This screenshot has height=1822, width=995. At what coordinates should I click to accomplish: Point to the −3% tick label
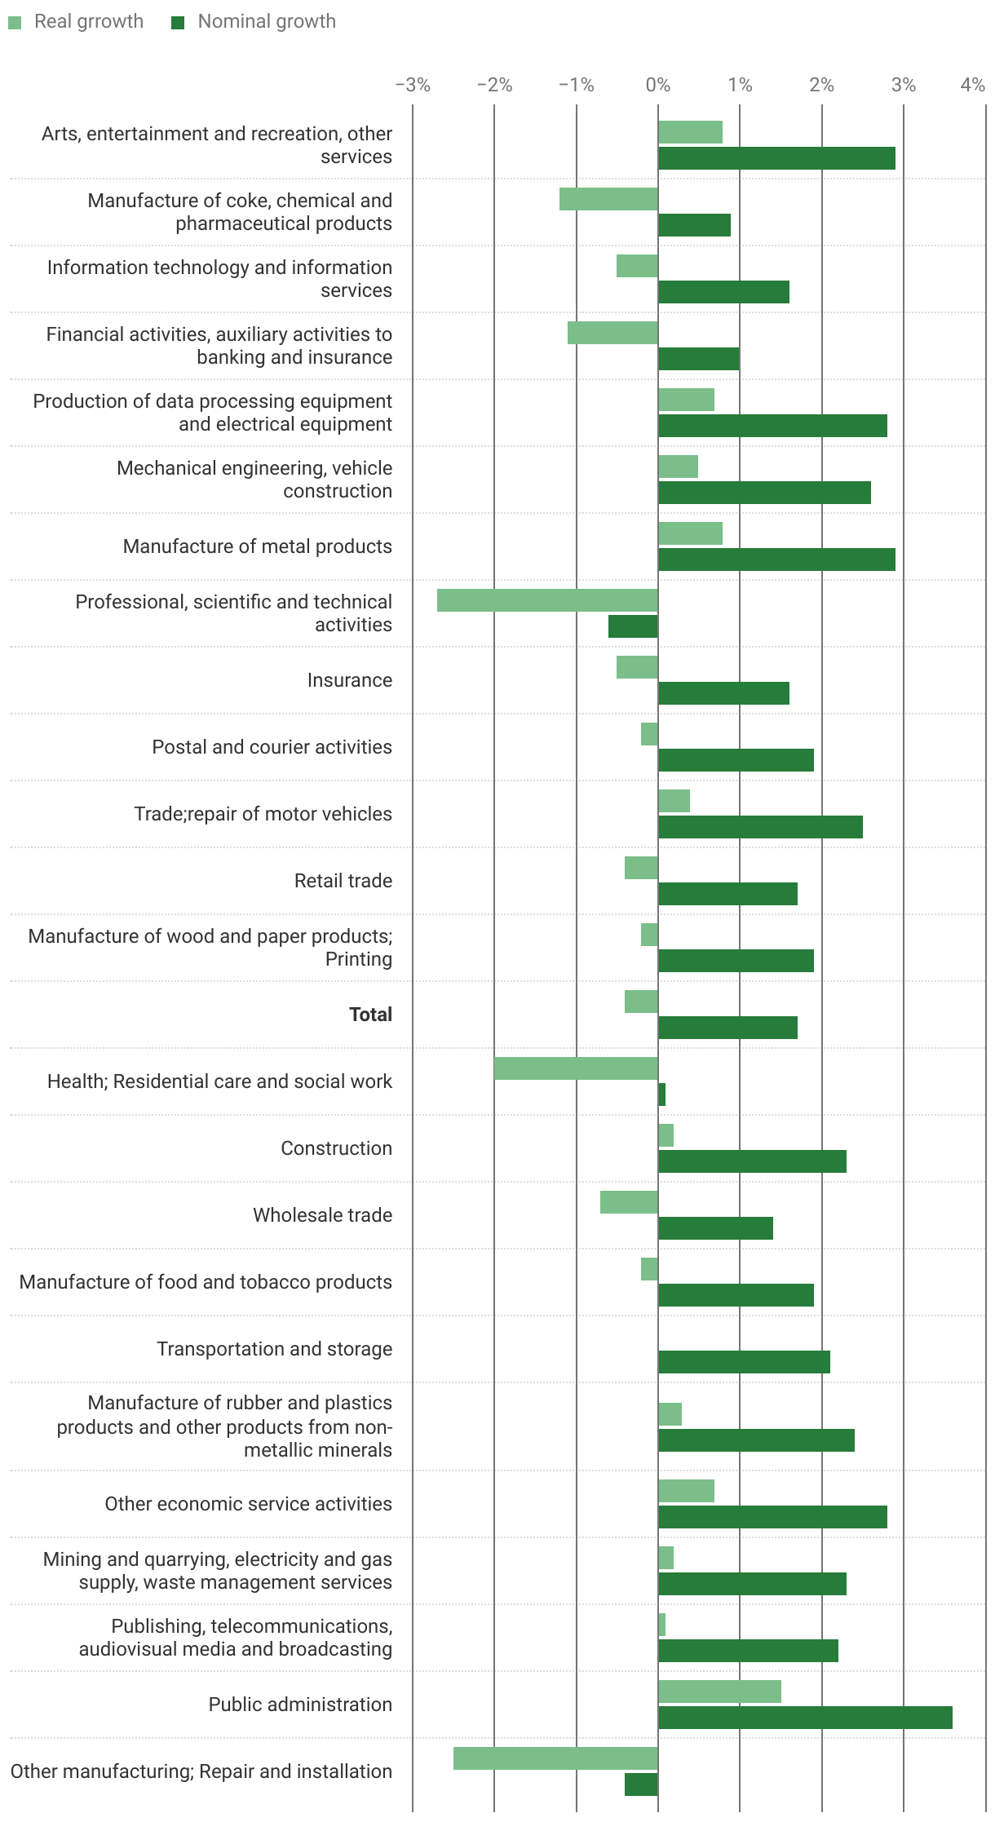tap(413, 85)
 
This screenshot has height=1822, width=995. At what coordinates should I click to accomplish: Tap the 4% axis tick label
tap(972, 85)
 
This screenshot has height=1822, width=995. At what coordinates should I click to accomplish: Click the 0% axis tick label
tap(657, 85)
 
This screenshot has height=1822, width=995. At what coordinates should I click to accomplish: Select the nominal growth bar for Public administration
tap(805, 1718)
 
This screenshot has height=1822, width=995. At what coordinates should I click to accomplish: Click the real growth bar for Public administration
tap(719, 1692)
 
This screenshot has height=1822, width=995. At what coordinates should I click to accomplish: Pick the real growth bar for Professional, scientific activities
tap(547, 600)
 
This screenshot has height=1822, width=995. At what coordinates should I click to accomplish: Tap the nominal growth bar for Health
tap(662, 1095)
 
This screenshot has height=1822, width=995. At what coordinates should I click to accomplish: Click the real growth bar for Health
tap(576, 1068)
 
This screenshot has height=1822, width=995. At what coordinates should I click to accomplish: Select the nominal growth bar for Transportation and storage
tap(744, 1362)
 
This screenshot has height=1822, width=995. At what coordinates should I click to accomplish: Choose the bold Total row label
tap(370, 1015)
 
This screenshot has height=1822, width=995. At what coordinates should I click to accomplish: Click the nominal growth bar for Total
tap(727, 1028)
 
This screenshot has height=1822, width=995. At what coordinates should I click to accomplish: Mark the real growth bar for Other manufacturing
tap(555, 1758)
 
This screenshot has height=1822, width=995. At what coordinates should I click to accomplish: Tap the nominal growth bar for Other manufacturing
tap(641, 1784)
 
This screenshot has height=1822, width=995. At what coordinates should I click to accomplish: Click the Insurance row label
tap(349, 680)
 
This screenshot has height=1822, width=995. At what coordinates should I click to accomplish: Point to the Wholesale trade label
tap(322, 1215)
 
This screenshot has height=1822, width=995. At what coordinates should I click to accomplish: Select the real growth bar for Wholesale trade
tap(629, 1202)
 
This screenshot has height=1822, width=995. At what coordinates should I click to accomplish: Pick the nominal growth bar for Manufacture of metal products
tap(776, 559)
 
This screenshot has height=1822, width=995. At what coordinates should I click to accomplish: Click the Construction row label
tap(336, 1148)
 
